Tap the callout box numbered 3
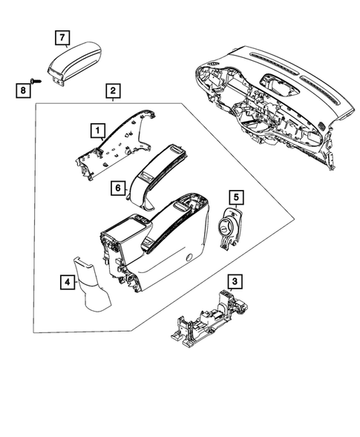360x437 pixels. tap(234, 281)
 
